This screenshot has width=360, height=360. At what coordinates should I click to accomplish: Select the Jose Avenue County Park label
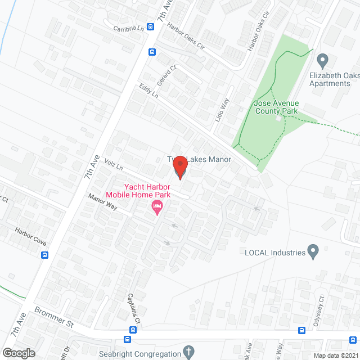click(276, 107)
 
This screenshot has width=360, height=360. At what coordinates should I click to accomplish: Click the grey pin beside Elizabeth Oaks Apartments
click(322, 60)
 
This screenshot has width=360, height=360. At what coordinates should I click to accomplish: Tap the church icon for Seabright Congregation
click(190, 353)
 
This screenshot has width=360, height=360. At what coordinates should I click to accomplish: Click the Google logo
click(19, 353)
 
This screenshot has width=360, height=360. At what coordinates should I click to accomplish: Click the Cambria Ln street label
click(128, 28)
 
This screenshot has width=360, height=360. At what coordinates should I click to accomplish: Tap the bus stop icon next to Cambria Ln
click(151, 26)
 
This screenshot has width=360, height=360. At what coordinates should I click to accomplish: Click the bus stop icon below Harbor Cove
click(44, 254)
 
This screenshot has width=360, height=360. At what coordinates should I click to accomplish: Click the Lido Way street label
click(225, 107)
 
